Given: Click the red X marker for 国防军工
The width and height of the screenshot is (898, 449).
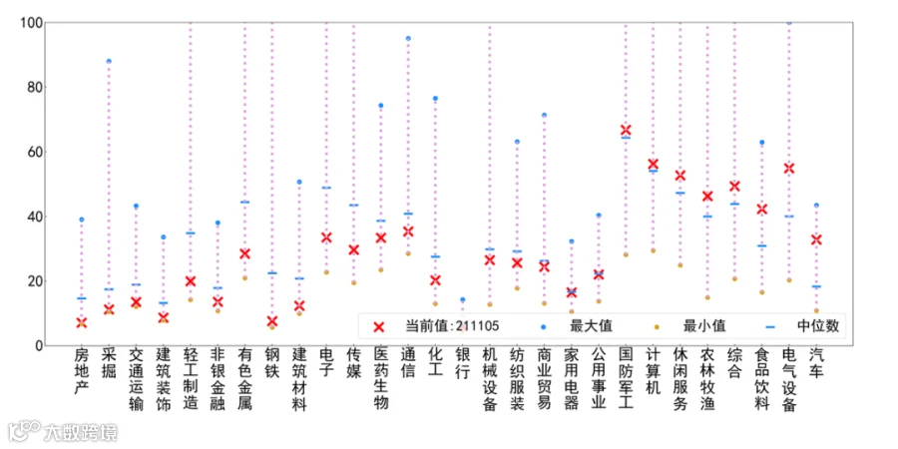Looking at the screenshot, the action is (x=626, y=130).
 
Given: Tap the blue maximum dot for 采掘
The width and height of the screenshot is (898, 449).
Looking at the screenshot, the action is (x=109, y=61).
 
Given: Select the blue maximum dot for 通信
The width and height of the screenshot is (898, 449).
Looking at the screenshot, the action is (x=408, y=38).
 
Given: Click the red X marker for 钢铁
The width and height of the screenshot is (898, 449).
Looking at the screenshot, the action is (x=272, y=321).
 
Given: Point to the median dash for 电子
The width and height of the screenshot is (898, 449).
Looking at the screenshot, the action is (x=326, y=188).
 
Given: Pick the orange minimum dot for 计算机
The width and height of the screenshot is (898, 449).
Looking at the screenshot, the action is (x=653, y=250).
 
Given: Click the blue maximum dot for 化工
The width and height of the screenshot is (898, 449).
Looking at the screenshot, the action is (x=435, y=99).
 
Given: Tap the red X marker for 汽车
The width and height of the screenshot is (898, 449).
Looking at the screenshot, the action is (x=816, y=239).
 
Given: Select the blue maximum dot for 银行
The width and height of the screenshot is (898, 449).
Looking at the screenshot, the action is (x=463, y=299).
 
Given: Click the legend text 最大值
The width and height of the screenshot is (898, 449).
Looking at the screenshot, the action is (x=591, y=326).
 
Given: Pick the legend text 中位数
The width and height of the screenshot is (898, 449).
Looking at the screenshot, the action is (x=818, y=326).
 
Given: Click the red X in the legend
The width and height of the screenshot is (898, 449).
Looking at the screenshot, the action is (x=378, y=326).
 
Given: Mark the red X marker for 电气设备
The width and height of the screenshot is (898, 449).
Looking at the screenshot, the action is (x=789, y=169).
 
